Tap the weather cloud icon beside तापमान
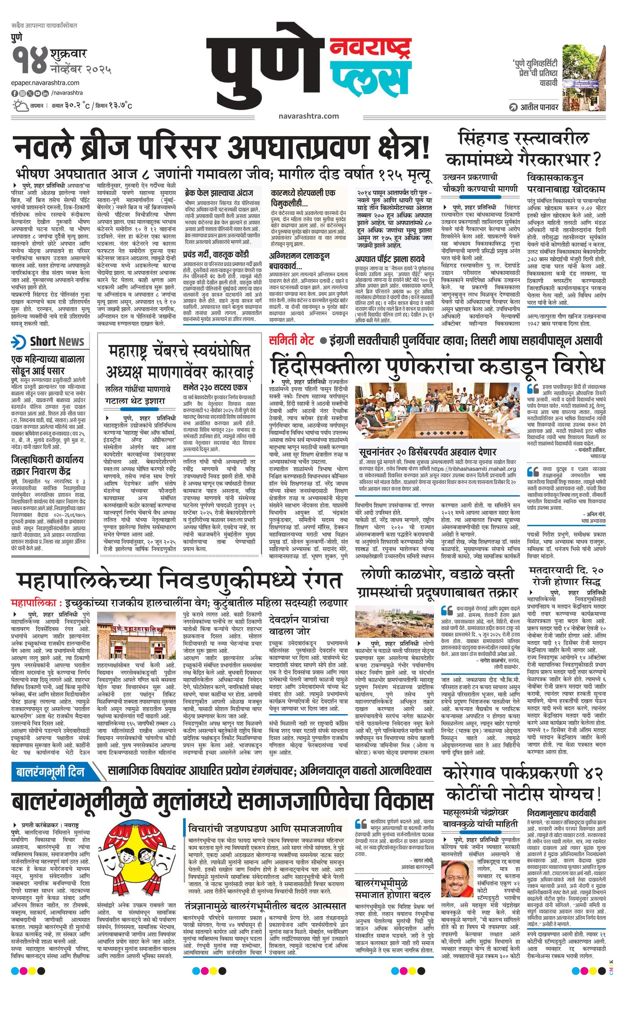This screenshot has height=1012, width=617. coord(19,106)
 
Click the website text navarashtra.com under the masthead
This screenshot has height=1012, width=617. coord(308,116)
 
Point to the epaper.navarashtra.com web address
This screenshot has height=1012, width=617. coord(46,83)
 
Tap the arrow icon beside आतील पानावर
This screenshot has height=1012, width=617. coord(514,108)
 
